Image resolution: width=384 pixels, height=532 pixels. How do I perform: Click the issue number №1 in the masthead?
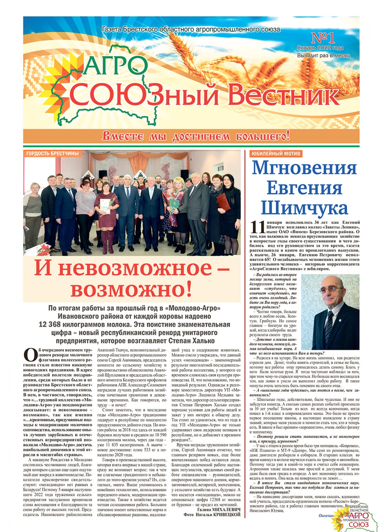(x=323, y=38)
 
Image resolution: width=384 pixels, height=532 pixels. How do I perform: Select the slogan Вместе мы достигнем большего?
(x=196, y=136)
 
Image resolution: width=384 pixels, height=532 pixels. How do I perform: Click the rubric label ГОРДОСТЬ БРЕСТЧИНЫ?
(x=53, y=153)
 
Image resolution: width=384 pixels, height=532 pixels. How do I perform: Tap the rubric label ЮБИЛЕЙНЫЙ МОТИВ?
(x=276, y=154)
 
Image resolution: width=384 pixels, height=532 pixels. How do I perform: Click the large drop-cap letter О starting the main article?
(x=30, y=355)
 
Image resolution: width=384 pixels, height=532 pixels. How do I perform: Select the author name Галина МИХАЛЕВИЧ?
(x=218, y=510)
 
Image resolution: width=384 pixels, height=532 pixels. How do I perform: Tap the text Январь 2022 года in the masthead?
(x=320, y=48)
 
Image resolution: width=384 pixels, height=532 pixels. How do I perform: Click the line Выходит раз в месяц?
(x=323, y=55)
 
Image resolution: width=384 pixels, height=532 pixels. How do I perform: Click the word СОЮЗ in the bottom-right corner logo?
(x=359, y=524)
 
